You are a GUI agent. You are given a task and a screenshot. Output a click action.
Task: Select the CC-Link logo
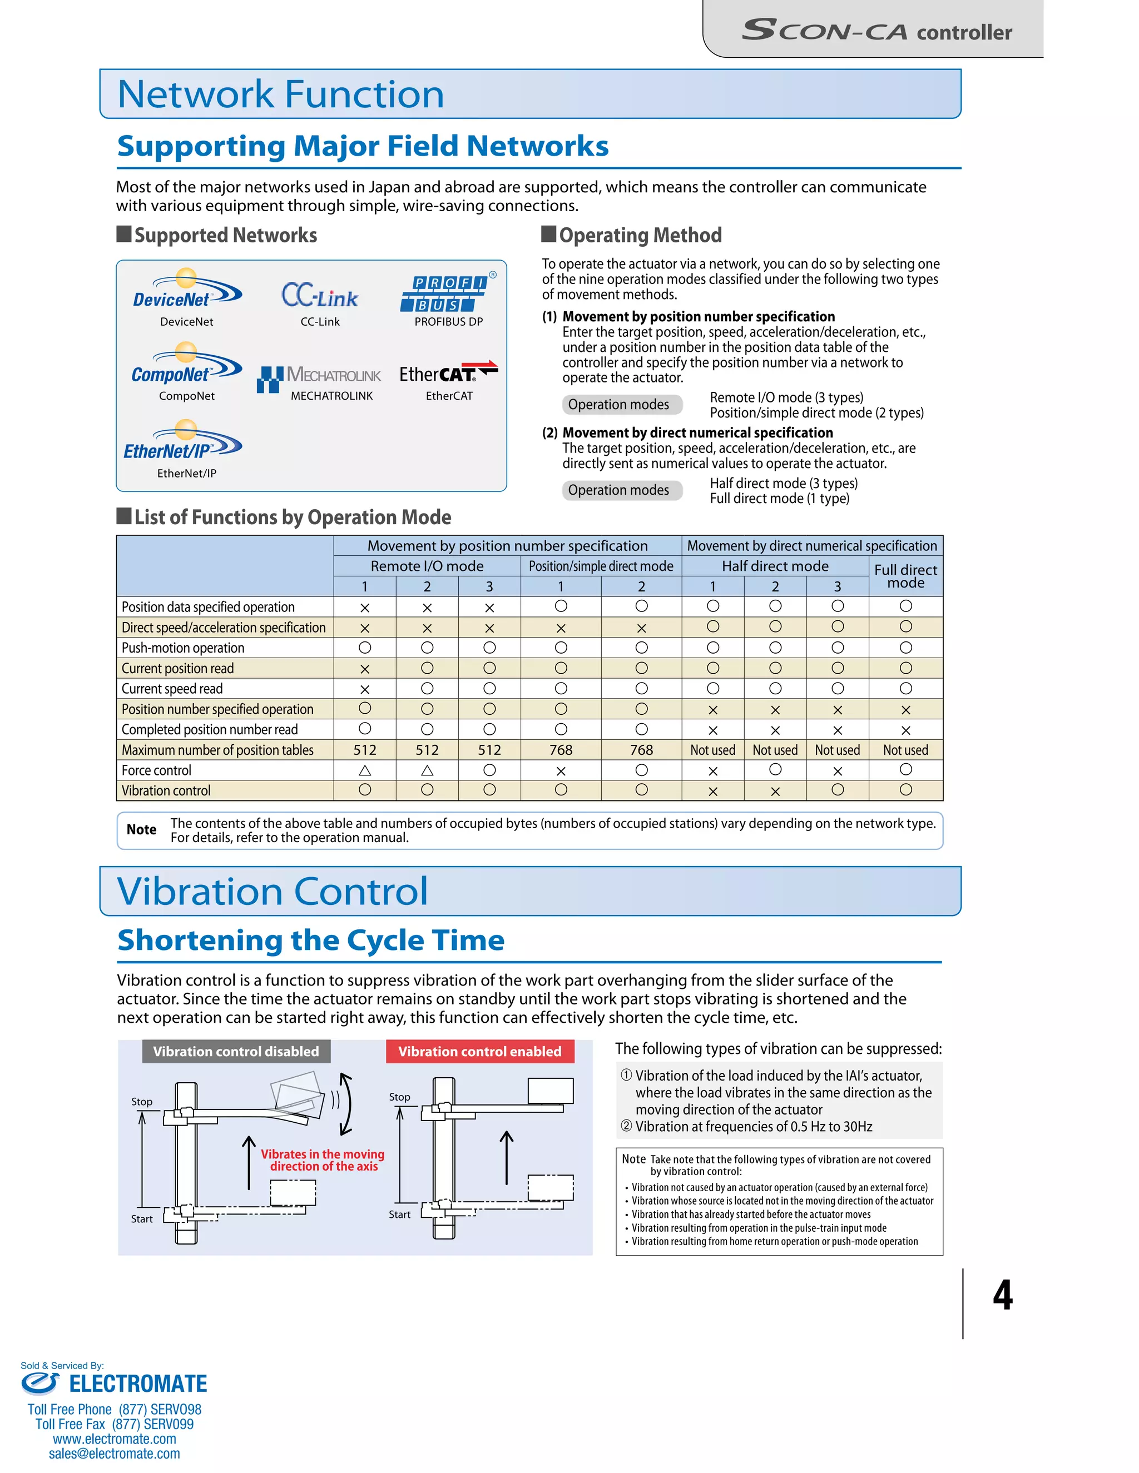click(x=320, y=295)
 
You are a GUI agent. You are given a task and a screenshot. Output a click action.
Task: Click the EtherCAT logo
click(x=449, y=372)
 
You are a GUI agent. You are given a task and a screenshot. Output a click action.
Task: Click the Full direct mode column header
click(x=905, y=576)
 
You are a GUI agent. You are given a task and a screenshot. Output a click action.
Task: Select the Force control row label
click(x=156, y=770)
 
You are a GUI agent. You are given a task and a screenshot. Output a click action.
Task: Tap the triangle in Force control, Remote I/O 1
click(x=365, y=770)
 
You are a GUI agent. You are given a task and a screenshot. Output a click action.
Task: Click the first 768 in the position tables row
click(x=561, y=750)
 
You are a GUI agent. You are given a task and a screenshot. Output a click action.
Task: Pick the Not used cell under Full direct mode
click(x=905, y=750)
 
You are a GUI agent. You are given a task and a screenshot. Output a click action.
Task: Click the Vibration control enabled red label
click(x=480, y=1052)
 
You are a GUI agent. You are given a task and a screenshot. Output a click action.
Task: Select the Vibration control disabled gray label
click(x=236, y=1052)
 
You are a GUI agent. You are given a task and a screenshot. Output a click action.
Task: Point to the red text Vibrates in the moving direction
click(x=323, y=1160)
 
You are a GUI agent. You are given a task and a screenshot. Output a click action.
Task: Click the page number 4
click(x=1003, y=1295)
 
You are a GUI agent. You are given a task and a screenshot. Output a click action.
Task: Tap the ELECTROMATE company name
click(x=138, y=1384)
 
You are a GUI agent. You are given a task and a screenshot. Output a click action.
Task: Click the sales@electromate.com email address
click(x=115, y=1454)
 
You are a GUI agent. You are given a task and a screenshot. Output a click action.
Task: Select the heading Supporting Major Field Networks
click(x=363, y=146)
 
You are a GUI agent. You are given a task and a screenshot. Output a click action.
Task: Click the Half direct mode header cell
click(x=775, y=566)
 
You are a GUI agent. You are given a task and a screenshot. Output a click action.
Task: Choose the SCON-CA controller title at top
click(x=876, y=31)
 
